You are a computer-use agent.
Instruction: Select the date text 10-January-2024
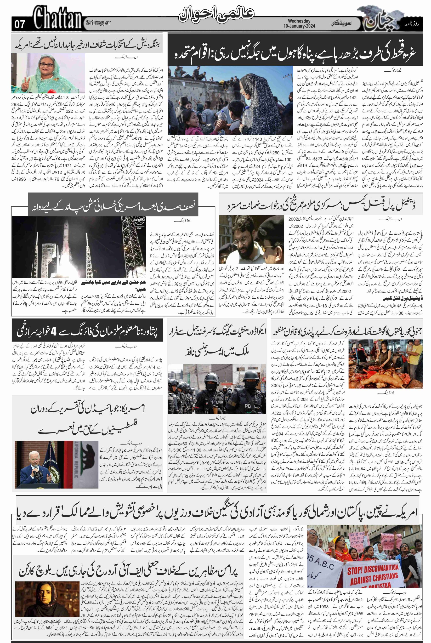(x=299, y=26)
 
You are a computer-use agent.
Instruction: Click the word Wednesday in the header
(x=299, y=21)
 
